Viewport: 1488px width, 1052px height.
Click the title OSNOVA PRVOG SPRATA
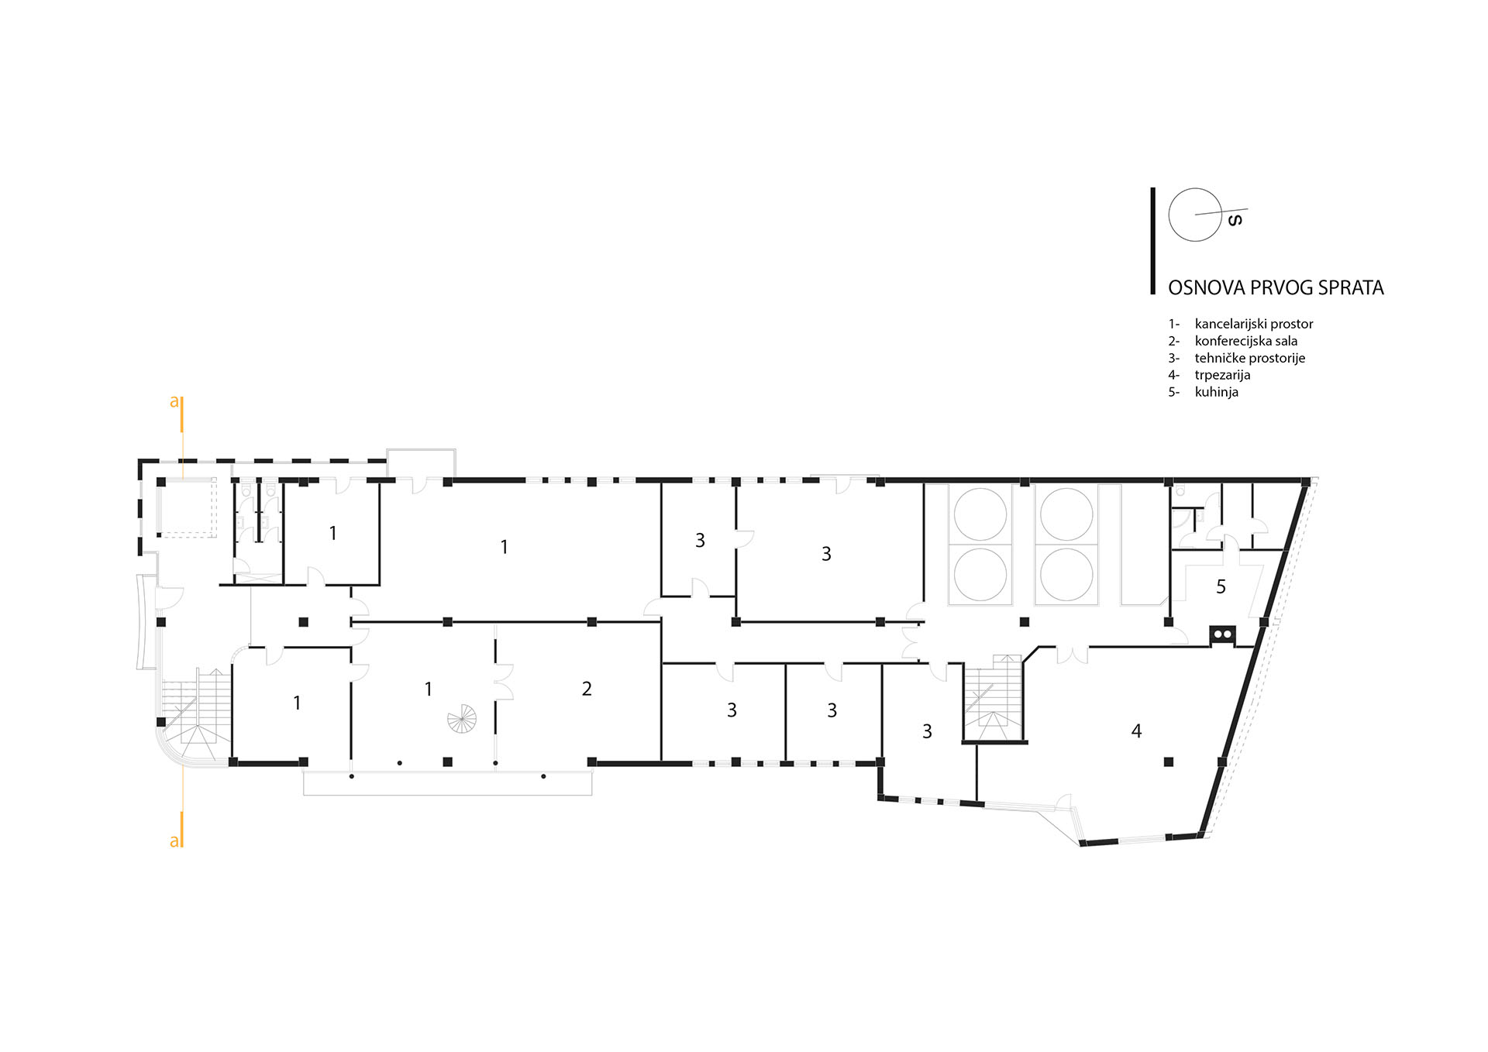point(1276,287)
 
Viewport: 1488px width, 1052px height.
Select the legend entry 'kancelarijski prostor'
point(1254,324)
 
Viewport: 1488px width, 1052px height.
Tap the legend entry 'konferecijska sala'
point(1246,341)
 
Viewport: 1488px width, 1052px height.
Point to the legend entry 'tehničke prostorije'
point(1250,358)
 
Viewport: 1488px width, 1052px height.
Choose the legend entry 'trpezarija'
point(1222,375)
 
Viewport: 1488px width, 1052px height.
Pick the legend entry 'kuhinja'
point(1217,392)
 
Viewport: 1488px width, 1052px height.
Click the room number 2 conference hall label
point(587,689)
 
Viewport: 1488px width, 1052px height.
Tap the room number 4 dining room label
point(1136,731)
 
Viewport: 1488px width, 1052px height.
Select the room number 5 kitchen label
point(1221,587)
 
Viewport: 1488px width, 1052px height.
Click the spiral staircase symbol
point(463,718)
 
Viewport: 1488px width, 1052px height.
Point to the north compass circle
point(1195,215)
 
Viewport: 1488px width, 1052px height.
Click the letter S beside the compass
point(1236,220)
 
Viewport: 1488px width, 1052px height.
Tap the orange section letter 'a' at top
point(174,401)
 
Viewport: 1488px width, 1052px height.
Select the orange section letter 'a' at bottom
point(174,841)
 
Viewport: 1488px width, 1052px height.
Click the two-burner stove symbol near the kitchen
point(1222,634)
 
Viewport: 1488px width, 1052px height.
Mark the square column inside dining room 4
point(1169,762)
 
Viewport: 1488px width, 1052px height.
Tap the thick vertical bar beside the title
point(1153,241)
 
